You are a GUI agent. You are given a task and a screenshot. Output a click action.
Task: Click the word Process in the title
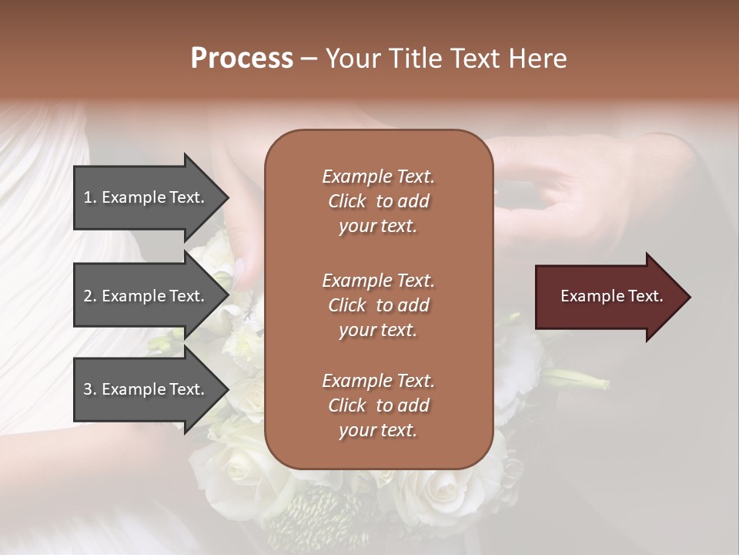(x=242, y=59)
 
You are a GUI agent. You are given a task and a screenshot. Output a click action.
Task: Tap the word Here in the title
(x=537, y=59)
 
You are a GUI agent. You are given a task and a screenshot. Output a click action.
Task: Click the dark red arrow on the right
(x=608, y=297)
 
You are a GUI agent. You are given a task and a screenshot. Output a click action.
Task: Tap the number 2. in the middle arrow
(x=90, y=296)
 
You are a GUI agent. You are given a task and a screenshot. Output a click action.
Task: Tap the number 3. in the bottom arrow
(x=90, y=389)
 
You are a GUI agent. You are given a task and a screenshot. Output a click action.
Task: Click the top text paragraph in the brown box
(x=378, y=201)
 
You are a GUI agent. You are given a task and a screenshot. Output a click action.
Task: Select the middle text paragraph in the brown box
(x=378, y=305)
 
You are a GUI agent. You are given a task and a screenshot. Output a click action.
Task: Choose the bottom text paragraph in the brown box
(x=378, y=405)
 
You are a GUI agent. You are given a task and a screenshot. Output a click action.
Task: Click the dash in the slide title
(x=309, y=59)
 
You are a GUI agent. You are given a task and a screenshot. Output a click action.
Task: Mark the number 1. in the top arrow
(x=90, y=197)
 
